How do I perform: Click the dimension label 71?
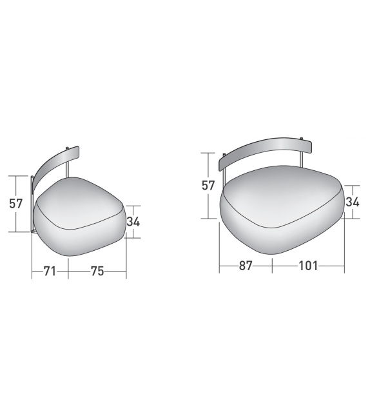[x=50, y=271]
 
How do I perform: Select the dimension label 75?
[x=97, y=271]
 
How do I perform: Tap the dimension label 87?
[x=246, y=266]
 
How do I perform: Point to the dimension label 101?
[x=308, y=266]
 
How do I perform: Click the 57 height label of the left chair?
[x=16, y=204]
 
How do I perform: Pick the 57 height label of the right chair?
[x=208, y=186]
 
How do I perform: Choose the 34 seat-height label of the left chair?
[x=133, y=222]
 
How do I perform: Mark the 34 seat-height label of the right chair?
[x=353, y=202]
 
